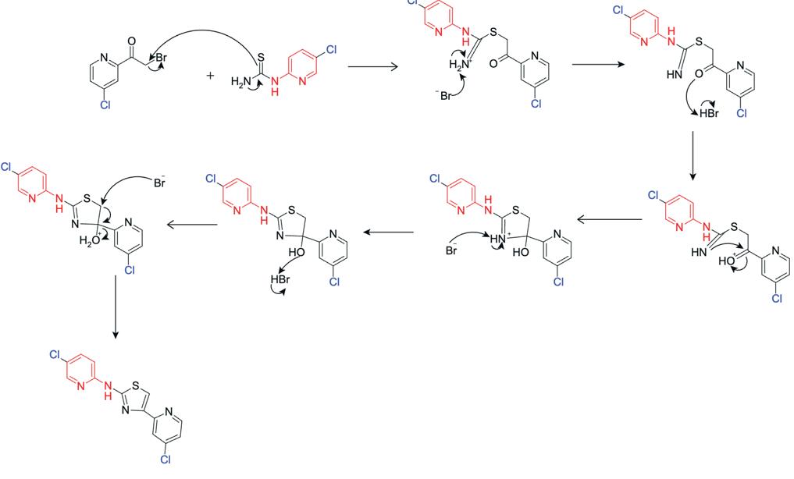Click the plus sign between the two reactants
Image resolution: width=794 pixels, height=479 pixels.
coord(210,76)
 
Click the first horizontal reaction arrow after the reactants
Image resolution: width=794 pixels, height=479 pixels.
coord(372,67)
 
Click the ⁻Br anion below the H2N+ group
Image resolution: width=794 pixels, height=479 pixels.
coord(443,95)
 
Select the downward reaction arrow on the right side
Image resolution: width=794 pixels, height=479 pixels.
coord(693,155)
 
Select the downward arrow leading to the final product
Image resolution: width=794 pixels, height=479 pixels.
coord(116,305)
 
